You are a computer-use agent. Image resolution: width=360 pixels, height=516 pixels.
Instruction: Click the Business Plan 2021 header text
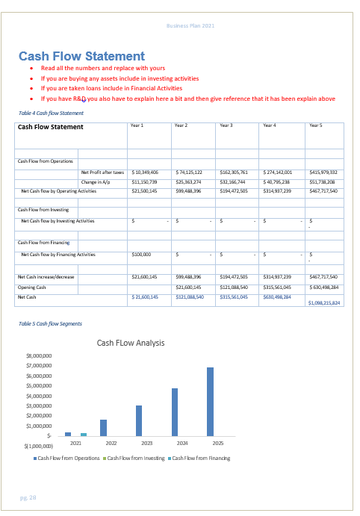click(190, 26)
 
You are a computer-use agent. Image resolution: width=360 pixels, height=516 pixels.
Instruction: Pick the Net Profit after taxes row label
click(102, 172)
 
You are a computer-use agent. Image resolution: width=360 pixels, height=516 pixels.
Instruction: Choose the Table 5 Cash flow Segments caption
click(51, 323)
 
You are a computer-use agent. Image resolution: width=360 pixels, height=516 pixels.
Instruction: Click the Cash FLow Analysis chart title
click(131, 343)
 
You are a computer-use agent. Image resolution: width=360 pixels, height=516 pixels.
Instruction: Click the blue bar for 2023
click(139, 420)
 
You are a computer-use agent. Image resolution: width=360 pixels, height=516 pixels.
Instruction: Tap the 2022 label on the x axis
click(111, 443)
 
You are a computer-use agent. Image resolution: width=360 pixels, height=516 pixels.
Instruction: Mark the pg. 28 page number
click(28, 497)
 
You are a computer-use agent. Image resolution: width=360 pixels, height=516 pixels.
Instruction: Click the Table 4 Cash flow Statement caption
click(51, 113)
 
